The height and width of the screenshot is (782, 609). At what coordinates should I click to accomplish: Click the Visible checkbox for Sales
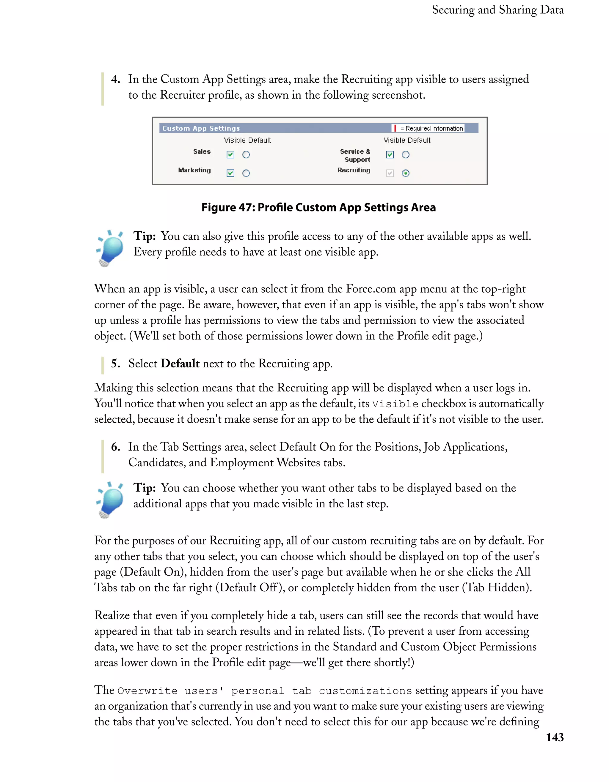pyautogui.click(x=230, y=155)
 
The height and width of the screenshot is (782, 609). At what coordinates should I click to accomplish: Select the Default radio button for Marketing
pyautogui.click(x=246, y=173)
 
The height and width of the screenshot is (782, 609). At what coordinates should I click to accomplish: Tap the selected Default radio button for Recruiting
pyautogui.click(x=405, y=173)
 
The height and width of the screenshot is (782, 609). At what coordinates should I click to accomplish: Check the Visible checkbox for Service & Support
pyautogui.click(x=390, y=155)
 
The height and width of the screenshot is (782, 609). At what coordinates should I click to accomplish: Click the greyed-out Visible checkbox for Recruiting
pyautogui.click(x=390, y=173)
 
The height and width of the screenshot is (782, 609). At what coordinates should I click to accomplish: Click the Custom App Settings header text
pyautogui.click(x=201, y=128)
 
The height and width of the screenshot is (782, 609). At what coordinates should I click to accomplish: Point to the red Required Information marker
pyautogui.click(x=395, y=128)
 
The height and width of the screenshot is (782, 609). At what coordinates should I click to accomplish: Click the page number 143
pyautogui.click(x=555, y=737)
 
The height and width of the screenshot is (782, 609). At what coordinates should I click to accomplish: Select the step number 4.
pyautogui.click(x=115, y=79)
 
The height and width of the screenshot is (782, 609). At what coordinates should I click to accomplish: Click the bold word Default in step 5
pyautogui.click(x=180, y=364)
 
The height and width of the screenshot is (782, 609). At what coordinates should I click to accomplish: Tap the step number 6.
pyautogui.click(x=115, y=447)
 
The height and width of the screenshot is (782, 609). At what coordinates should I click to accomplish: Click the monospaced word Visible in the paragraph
pyautogui.click(x=395, y=404)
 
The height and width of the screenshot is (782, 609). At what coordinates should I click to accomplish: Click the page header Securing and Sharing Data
pyautogui.click(x=497, y=10)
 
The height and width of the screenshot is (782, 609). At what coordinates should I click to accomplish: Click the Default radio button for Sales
pyautogui.click(x=246, y=155)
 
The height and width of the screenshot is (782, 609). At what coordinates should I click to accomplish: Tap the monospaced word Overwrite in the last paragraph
pyautogui.click(x=147, y=691)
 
